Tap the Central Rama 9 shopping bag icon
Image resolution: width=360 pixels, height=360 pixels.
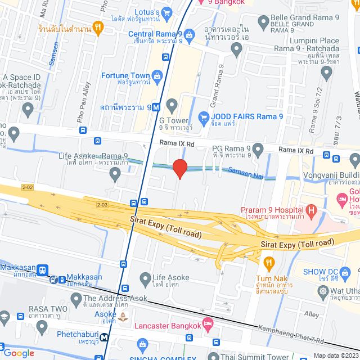(x=190, y=35)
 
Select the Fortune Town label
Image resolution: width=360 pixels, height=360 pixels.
(x=125, y=75)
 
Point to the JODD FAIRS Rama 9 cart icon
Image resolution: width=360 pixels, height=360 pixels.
(x=205, y=117)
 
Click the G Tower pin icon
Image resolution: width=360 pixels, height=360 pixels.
(x=172, y=104)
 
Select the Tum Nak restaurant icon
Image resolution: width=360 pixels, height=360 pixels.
(x=269, y=262)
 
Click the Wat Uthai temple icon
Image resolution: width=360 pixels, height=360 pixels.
(x=323, y=291)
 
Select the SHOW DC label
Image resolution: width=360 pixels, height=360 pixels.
(x=319, y=272)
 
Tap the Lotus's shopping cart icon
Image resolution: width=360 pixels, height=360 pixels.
(x=166, y=12)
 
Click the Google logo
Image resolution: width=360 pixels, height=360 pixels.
(x=19, y=353)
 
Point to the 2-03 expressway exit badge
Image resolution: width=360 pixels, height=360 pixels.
(x=102, y=205)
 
